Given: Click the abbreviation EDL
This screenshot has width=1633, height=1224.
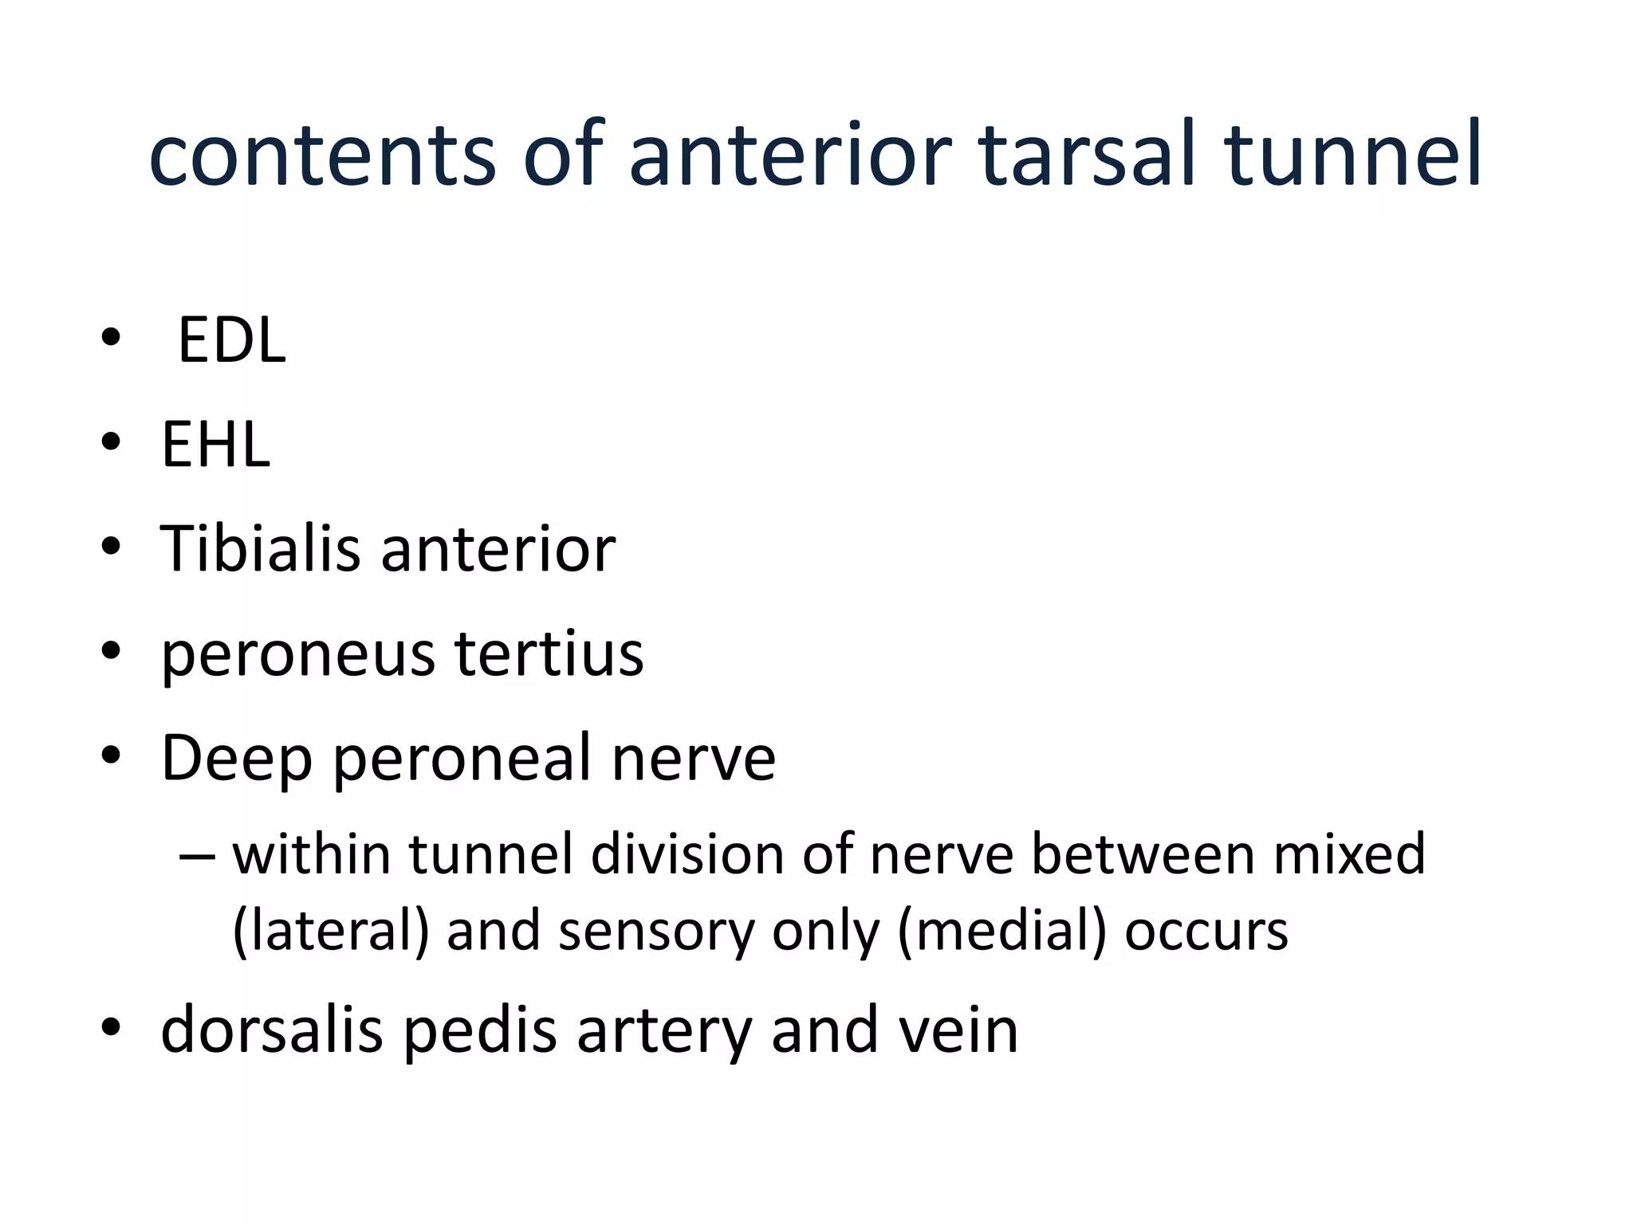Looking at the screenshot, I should tap(231, 341).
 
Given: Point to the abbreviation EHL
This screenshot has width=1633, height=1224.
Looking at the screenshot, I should tap(215, 445).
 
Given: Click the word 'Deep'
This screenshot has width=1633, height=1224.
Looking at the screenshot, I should tap(236, 759).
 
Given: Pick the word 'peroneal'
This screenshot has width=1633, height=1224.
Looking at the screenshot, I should tap(462, 759).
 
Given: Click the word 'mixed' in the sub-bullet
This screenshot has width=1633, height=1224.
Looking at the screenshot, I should tap(1348, 854).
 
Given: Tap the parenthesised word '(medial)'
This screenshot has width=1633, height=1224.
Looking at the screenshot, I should tap(1001, 931).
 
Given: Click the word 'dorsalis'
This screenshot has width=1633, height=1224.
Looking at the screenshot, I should tap(271, 1030).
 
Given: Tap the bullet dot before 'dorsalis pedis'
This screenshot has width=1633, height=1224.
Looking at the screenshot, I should tap(111, 1027).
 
